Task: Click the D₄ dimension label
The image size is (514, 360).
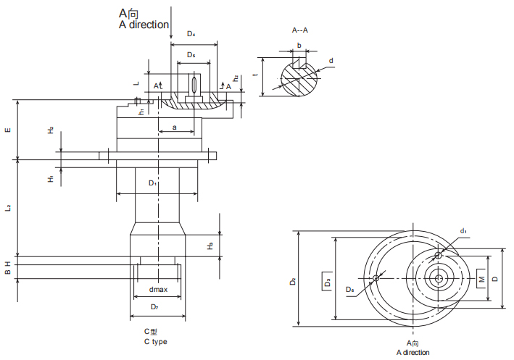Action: pyautogui.click(x=191, y=33)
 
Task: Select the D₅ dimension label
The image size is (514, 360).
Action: pyautogui.click(x=191, y=55)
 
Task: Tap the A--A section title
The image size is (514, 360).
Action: pyautogui.click(x=299, y=31)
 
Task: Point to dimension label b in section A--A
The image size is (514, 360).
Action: pyautogui.click(x=299, y=45)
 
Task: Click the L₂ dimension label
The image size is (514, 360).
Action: pyautogui.click(x=8, y=208)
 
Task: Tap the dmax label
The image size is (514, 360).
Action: pyautogui.click(x=158, y=290)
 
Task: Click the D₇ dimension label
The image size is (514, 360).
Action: pyautogui.click(x=154, y=307)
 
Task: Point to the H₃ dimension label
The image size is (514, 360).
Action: pyautogui.click(x=210, y=246)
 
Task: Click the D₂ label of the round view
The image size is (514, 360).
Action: pyautogui.click(x=293, y=280)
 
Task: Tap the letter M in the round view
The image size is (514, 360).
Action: pyautogui.click(x=479, y=278)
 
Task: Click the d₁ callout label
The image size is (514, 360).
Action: pyautogui.click(x=463, y=231)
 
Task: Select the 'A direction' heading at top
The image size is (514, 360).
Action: pyautogui.click(x=144, y=25)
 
